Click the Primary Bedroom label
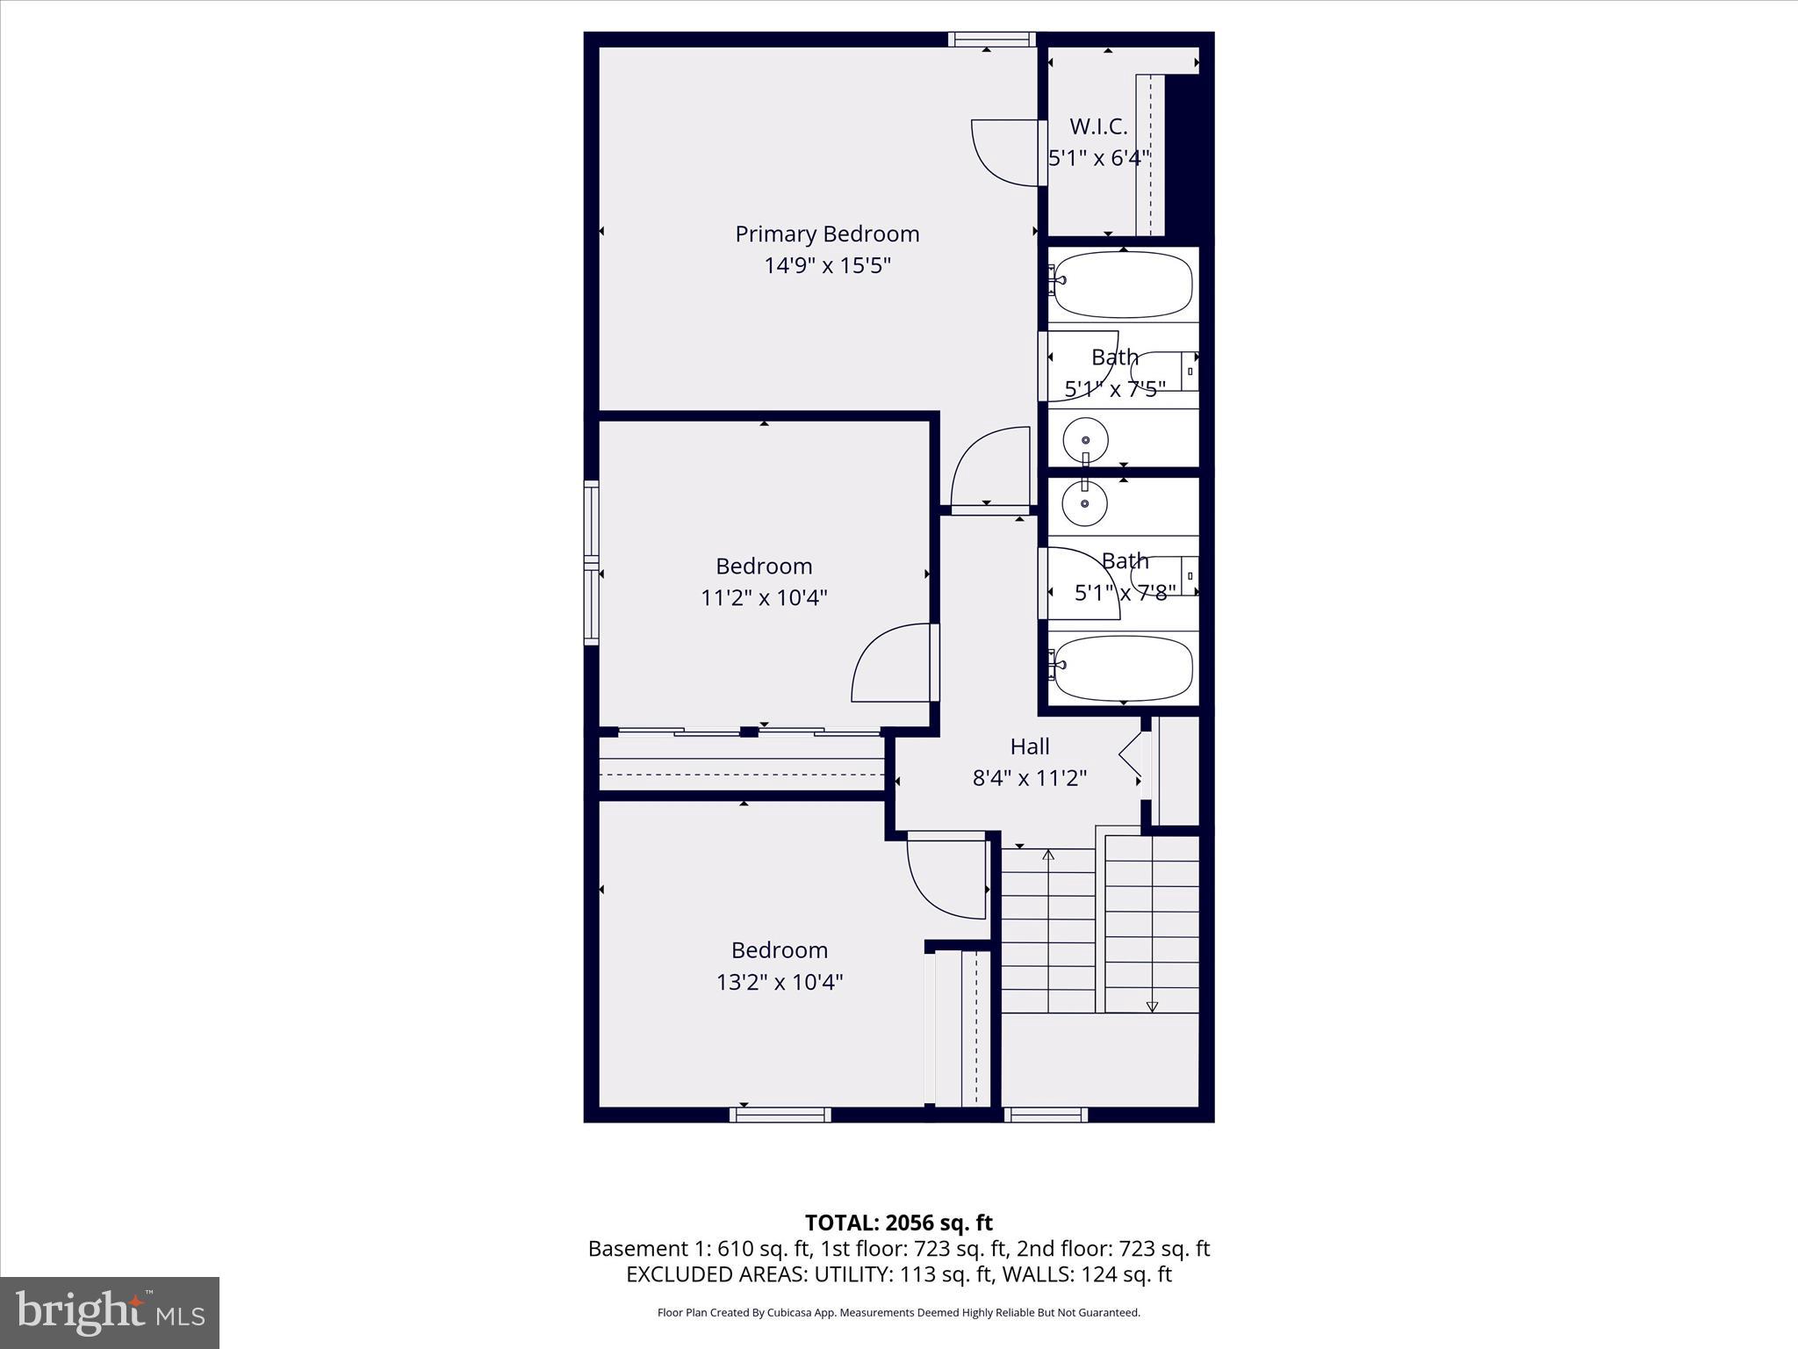pos(827,234)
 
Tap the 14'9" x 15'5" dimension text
pos(827,265)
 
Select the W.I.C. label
pos(1098,126)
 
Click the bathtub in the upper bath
pos(1123,285)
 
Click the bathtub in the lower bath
pos(1123,668)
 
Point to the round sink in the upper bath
pos(1086,439)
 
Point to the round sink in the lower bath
pos(1085,503)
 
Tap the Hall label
pos(1030,747)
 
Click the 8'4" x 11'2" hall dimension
pos(1030,778)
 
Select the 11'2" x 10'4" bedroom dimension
pos(764,598)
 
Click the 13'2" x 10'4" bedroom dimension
pos(780,982)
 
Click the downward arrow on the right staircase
pos(1152,1006)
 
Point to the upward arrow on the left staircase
pos(1048,854)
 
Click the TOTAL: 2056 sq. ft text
pos(898,1223)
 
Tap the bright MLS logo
pos(110,1312)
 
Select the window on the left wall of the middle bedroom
pos(592,562)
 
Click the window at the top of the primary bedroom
pos(992,39)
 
